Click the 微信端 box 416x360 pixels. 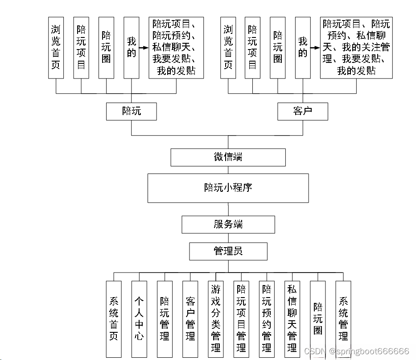228,157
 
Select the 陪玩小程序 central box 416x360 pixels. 228,188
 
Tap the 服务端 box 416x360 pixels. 228,224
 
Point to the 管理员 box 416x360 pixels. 228,252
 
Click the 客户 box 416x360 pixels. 303,111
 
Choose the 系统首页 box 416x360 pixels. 114,319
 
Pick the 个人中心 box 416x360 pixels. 139,319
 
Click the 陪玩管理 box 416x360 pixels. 165,319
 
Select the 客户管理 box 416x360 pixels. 190,319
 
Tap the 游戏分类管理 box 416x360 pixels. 216,319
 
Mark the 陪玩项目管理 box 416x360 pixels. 241,319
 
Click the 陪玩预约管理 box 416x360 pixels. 267,319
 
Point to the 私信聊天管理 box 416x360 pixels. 292,319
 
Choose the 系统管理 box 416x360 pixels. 343,319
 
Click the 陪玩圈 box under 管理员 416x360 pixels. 318,319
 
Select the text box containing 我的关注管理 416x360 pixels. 356,48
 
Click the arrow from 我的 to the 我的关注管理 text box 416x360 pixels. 315,47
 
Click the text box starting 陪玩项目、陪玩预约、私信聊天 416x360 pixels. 176,48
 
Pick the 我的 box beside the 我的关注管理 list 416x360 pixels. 303,48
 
